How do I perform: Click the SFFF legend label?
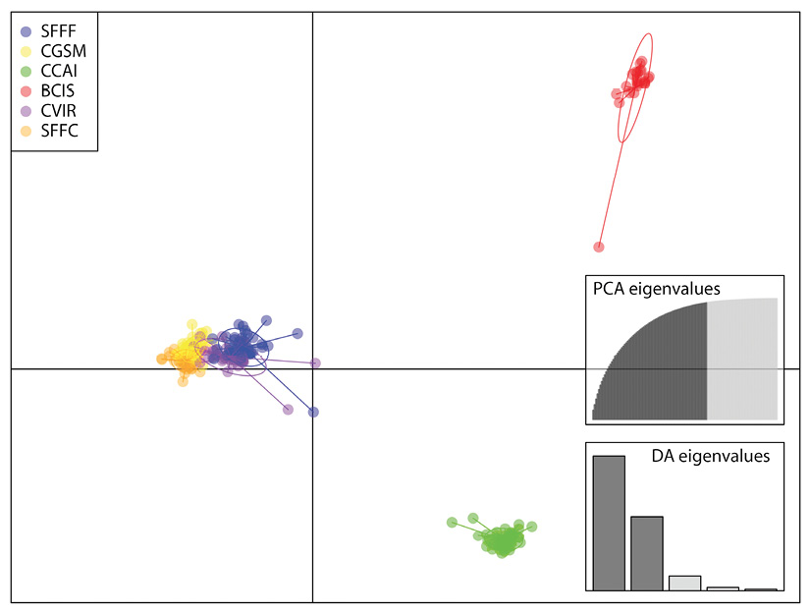click(x=58, y=31)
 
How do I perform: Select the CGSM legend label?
click(x=64, y=51)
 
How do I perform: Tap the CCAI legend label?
click(x=59, y=71)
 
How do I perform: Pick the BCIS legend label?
click(x=58, y=91)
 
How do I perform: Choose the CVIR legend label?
click(x=58, y=111)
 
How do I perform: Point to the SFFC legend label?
click(x=60, y=131)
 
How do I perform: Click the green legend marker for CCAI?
click(x=26, y=72)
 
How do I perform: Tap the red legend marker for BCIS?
click(x=26, y=91)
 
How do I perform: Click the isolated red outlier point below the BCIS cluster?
click(x=599, y=247)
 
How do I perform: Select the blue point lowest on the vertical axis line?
click(x=313, y=412)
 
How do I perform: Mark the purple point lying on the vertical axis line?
click(x=315, y=363)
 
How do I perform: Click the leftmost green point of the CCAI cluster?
click(x=452, y=523)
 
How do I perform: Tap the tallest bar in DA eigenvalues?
click(x=609, y=523)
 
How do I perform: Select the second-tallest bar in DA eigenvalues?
click(x=647, y=553)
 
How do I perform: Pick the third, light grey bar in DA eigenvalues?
click(x=685, y=583)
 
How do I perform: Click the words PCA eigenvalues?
click(x=657, y=289)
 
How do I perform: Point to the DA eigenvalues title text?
click(x=711, y=456)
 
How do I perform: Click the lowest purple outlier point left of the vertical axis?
click(x=289, y=410)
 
